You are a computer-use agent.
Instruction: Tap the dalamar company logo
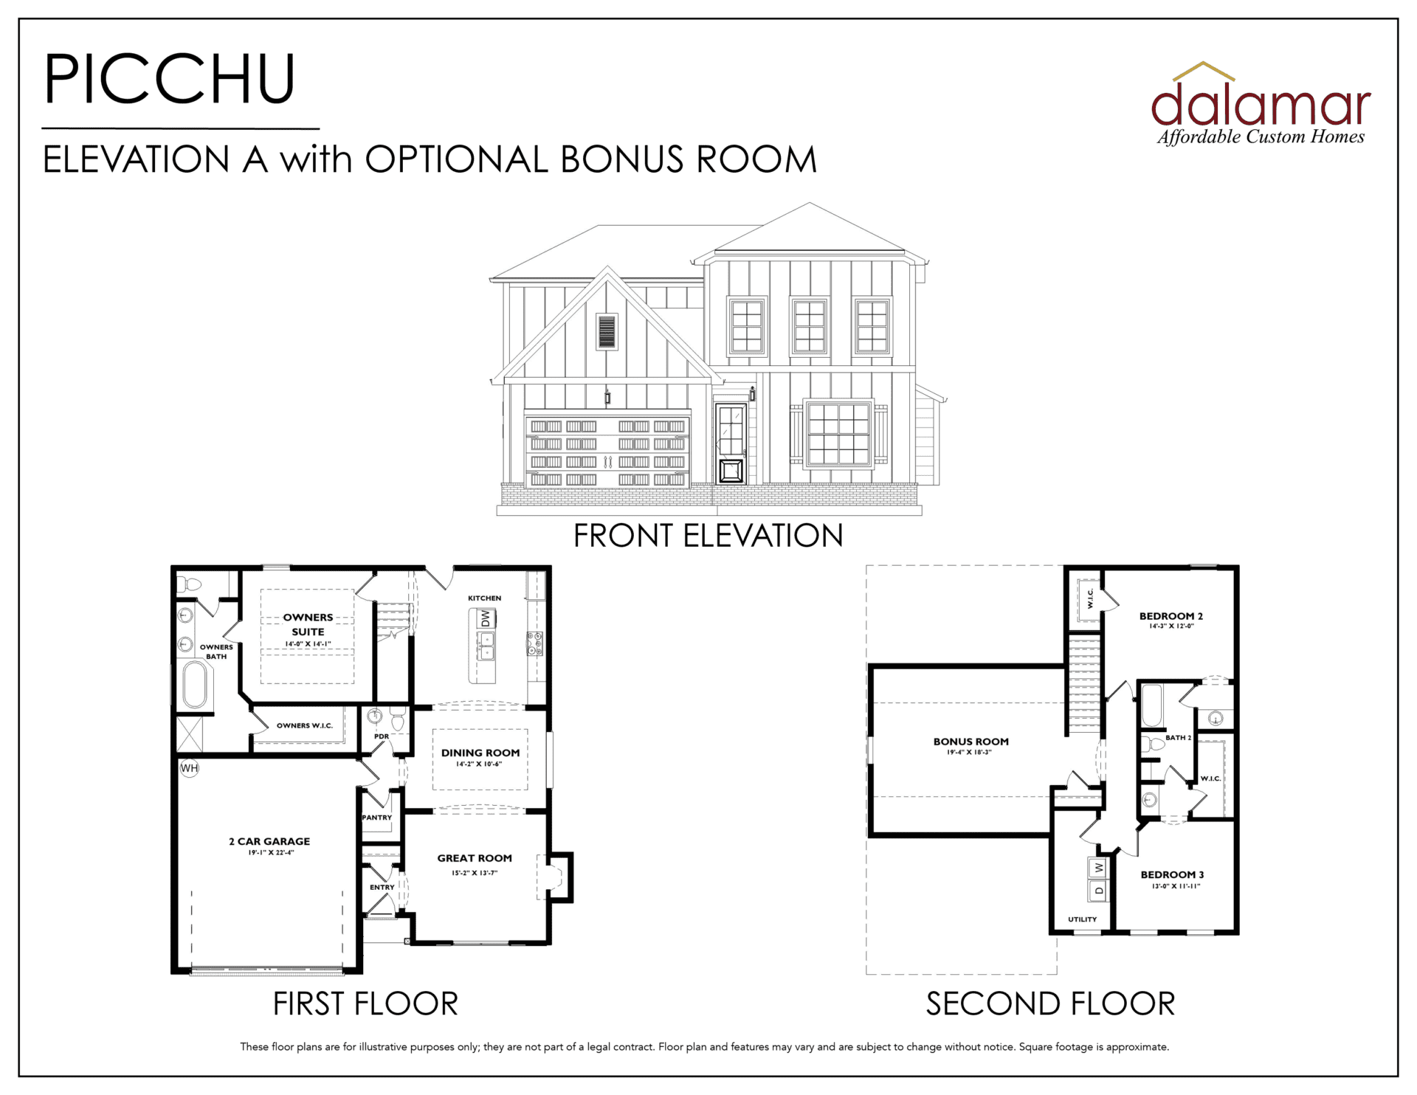(1261, 104)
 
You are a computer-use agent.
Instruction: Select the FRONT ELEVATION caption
(708, 536)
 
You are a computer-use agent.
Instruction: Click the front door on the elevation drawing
(731, 443)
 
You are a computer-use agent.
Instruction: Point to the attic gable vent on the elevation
(607, 331)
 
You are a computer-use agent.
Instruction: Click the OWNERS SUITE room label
(308, 624)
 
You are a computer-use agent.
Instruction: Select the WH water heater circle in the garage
(190, 768)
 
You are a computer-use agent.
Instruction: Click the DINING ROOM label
(480, 753)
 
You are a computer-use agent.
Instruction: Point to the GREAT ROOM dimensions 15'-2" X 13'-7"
(475, 873)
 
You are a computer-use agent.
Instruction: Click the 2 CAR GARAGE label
(269, 841)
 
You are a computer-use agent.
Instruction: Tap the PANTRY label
(376, 818)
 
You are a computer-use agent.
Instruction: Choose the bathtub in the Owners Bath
(195, 685)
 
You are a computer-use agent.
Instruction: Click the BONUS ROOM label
(970, 742)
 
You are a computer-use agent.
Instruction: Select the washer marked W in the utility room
(1098, 868)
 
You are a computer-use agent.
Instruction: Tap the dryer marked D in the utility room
(1098, 891)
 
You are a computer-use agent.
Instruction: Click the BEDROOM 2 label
(1171, 616)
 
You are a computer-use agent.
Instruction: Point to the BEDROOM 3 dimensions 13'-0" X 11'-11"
(1176, 886)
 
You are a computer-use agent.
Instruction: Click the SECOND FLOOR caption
(1050, 1004)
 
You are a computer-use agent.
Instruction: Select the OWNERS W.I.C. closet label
(305, 725)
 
